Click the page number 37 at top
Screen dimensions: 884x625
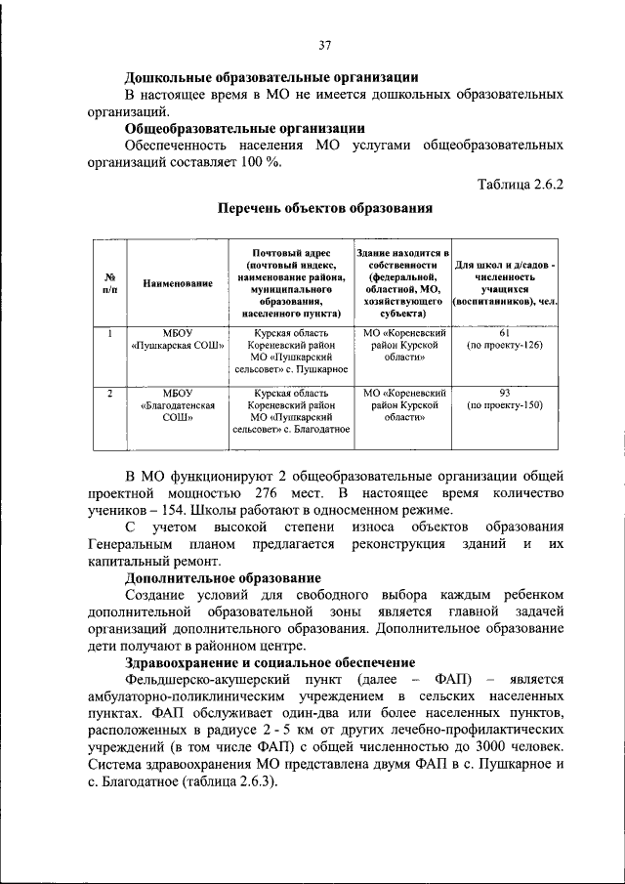[324, 44]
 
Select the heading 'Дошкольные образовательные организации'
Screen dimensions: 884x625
[272, 77]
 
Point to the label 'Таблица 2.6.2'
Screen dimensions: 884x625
[520, 182]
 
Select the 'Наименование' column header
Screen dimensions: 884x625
[178, 283]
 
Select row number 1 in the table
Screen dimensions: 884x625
[110, 333]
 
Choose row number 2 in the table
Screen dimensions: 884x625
[110, 393]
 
